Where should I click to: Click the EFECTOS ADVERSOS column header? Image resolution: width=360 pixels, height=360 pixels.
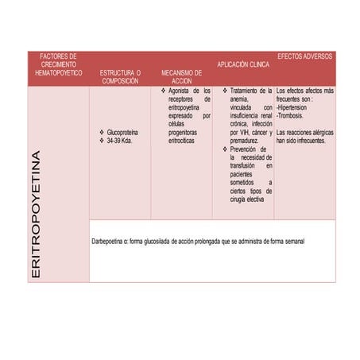click(x=304, y=56)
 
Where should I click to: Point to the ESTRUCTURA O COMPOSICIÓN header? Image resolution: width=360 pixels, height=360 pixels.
click(x=120, y=76)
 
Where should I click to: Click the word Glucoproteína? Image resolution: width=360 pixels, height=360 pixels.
click(x=124, y=132)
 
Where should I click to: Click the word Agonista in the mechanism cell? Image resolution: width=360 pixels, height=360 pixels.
click(x=178, y=91)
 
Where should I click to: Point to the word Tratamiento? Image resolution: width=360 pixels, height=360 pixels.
click(x=246, y=91)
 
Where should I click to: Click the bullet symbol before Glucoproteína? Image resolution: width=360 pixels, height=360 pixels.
click(x=101, y=132)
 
